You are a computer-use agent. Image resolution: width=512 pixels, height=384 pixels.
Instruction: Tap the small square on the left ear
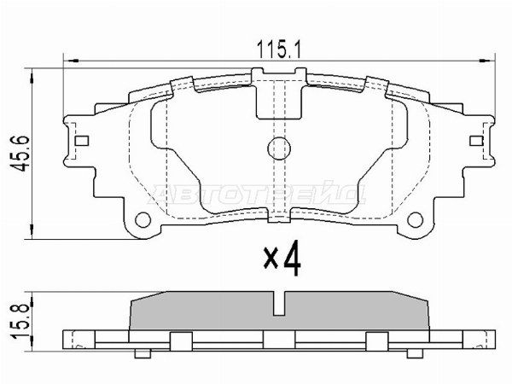click(x=83, y=142)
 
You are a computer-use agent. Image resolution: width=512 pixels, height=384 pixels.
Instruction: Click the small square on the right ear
click(x=477, y=142)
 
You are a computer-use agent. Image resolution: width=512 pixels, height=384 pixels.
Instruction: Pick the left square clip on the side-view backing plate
click(x=179, y=340)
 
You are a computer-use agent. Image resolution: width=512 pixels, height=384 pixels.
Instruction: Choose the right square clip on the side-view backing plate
click(x=373, y=340)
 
